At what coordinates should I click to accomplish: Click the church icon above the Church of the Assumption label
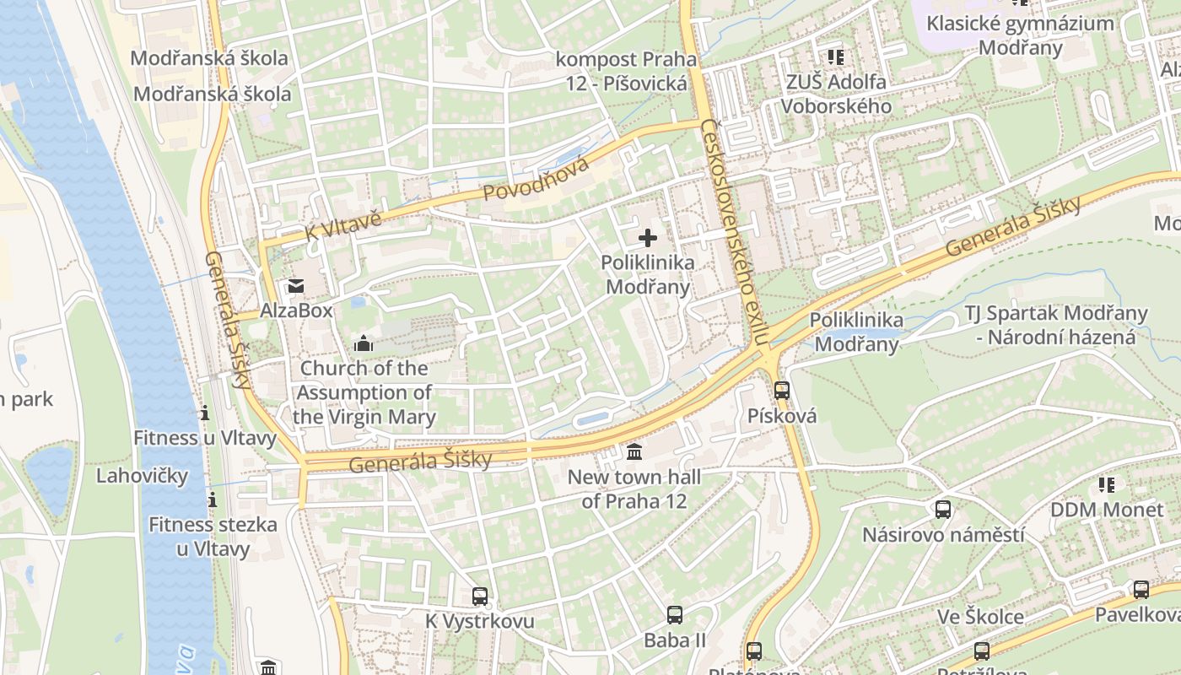364,343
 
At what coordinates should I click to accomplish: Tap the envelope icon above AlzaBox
296,286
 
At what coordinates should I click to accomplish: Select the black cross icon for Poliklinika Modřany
648,238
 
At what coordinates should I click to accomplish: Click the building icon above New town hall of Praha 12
634,453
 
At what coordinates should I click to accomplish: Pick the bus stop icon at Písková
782,391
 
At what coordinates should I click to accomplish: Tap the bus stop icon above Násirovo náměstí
943,510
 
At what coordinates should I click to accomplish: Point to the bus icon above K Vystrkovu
480,597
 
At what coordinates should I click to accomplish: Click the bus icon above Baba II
674,615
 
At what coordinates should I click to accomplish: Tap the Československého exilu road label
736,232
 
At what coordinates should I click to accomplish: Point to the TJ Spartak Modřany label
1056,326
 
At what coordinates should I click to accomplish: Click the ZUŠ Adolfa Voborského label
836,94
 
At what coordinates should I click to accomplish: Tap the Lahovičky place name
142,475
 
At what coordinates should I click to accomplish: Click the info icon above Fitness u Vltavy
204,413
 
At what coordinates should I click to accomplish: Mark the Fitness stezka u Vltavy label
213,537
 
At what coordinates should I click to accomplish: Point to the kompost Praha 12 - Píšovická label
626,71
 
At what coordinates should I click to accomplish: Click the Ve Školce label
981,617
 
